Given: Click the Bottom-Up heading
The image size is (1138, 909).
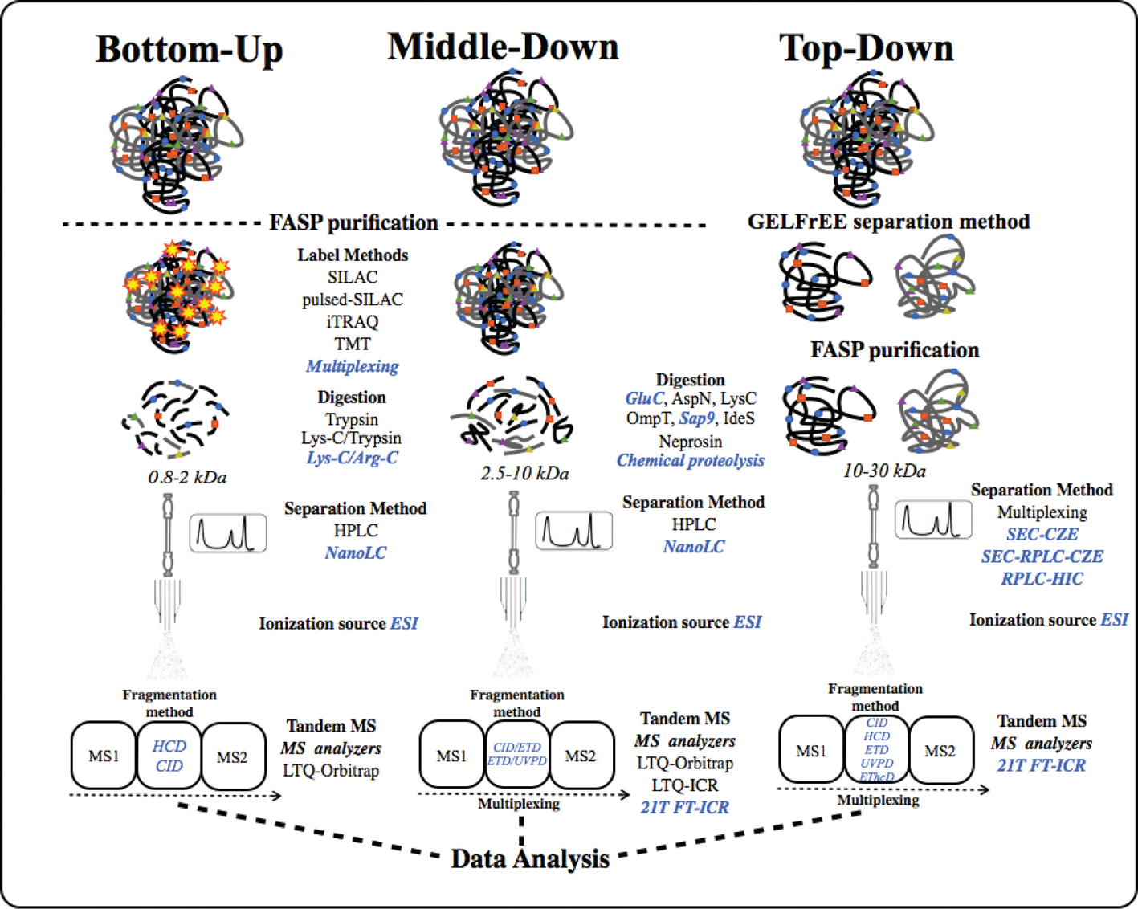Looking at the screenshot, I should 190,49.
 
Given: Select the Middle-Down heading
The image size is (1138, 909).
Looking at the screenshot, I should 503,47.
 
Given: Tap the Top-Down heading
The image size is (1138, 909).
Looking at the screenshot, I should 866,47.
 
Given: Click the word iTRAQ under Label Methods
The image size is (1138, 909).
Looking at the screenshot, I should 353,321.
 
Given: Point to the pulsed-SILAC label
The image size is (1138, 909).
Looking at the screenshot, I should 353,300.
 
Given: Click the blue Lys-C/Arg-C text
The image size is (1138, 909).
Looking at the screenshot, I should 352,458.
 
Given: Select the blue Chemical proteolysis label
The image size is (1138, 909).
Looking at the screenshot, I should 691,460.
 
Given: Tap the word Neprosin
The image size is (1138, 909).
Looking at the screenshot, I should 691,441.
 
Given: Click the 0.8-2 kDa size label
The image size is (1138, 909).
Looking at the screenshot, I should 187,477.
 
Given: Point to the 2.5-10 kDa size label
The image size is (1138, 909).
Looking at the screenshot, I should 524,473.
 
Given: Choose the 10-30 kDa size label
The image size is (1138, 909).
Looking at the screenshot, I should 884,471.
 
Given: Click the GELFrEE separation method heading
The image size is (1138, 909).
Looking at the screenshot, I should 888,222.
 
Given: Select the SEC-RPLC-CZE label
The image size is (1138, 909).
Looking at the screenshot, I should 1042,556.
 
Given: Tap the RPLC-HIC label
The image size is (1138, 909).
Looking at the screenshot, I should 1042,578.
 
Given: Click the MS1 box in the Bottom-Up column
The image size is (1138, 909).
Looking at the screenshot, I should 104,756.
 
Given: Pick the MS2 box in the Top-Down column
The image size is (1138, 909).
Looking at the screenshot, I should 940,752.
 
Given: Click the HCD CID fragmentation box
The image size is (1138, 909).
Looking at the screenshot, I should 169,756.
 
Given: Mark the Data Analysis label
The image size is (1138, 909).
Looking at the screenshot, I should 530,858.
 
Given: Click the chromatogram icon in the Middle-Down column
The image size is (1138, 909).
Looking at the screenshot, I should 573,531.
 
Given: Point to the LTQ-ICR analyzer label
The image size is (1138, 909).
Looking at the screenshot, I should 685,785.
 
